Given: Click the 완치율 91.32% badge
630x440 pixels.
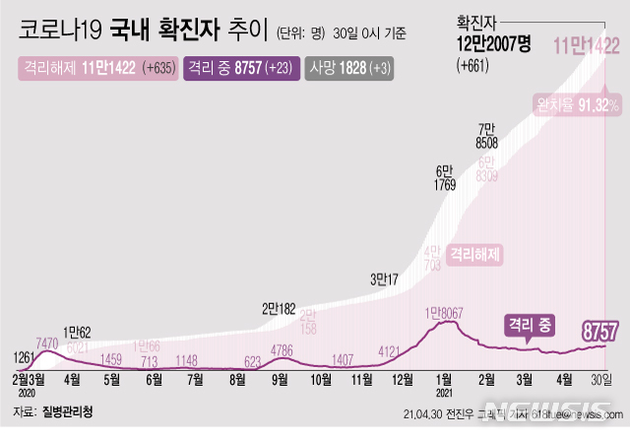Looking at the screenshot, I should click(x=577, y=103).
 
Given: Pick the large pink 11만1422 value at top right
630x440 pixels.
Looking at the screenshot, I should click(x=588, y=45).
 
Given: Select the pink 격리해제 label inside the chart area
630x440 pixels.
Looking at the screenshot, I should click(x=475, y=254).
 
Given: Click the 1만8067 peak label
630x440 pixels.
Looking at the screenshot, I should click(x=445, y=312).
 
